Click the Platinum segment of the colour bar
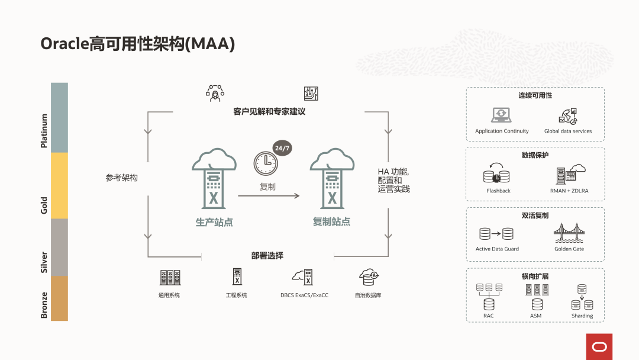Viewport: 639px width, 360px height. (59, 117)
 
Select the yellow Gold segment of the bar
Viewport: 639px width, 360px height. (59, 185)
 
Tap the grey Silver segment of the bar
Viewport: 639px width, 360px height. (59, 247)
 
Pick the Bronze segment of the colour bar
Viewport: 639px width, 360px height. (59, 298)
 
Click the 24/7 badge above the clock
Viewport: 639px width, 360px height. (282, 148)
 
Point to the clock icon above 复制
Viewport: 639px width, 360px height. (266, 163)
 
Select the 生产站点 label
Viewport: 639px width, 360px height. (214, 222)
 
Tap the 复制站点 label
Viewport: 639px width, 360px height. (331, 222)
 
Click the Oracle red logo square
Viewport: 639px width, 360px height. (599, 346)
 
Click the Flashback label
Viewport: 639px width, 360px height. (498, 191)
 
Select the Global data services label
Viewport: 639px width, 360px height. (567, 131)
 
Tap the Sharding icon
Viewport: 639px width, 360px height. (582, 298)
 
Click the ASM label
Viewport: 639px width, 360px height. (535, 316)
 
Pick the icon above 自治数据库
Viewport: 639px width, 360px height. (368, 277)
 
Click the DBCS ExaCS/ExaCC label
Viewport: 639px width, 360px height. (304, 295)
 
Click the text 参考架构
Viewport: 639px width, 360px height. (122, 178)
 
